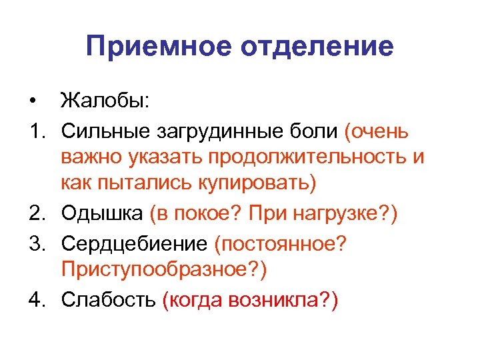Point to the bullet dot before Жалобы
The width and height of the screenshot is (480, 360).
[x=32, y=103]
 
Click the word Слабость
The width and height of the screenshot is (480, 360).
[x=109, y=299]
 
